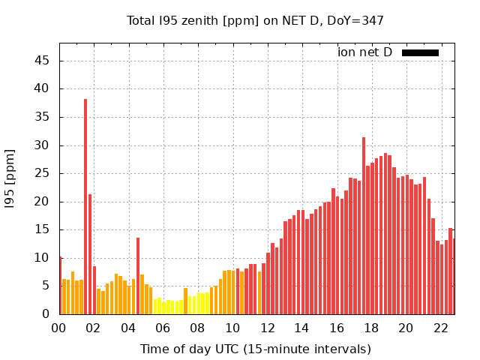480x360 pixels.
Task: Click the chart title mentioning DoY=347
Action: click(x=255, y=20)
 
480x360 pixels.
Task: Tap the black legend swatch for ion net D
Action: click(x=420, y=52)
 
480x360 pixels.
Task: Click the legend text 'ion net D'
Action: click(x=364, y=52)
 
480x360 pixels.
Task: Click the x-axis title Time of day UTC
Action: click(x=255, y=349)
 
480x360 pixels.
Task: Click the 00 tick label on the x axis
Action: click(x=58, y=328)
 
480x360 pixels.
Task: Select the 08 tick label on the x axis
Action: click(x=197, y=328)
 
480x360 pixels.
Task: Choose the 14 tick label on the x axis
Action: click(x=301, y=328)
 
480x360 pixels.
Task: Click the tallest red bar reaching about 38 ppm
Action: click(x=85, y=206)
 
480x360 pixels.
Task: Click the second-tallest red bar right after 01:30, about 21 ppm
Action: click(x=90, y=255)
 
